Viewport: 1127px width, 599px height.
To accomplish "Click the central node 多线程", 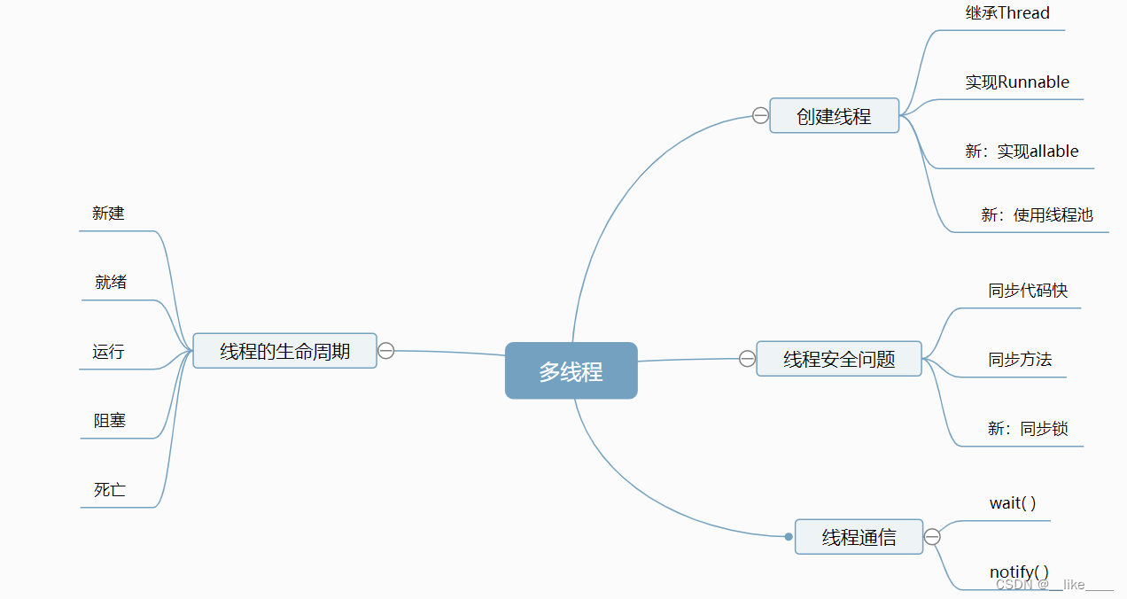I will pos(571,371).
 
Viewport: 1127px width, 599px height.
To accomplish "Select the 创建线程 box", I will pos(834,116).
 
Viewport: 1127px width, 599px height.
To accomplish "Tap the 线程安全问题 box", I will pos(839,359).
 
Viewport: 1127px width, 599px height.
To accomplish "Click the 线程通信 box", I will pos(859,537).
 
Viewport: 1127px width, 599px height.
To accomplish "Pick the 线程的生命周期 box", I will pos(284,351).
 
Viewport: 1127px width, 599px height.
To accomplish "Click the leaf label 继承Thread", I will pos(1007,13).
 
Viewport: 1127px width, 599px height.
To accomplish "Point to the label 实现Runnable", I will pos(1017,82).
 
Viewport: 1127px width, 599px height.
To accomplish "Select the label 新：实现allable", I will pos(1022,152).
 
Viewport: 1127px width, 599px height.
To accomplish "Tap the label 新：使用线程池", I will pos(1037,214).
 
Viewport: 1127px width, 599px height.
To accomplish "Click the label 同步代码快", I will pos(1028,291).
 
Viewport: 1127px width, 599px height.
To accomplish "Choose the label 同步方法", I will pos(1020,360).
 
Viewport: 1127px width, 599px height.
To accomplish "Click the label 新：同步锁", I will pos(1028,429).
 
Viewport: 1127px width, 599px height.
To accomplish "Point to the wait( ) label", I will pos(1013,503).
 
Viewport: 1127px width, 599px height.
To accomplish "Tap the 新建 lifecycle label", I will pos(108,214).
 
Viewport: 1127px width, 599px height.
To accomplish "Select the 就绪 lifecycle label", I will pos(111,283).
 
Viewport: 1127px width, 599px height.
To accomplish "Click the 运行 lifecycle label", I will pos(108,352).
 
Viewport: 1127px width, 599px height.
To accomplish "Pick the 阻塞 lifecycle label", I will pos(110,421).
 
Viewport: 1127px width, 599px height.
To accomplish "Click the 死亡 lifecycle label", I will pos(110,490).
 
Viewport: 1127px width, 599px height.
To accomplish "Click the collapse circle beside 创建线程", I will pos(760,115).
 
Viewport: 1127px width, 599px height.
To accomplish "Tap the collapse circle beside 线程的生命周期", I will pos(386,351).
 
